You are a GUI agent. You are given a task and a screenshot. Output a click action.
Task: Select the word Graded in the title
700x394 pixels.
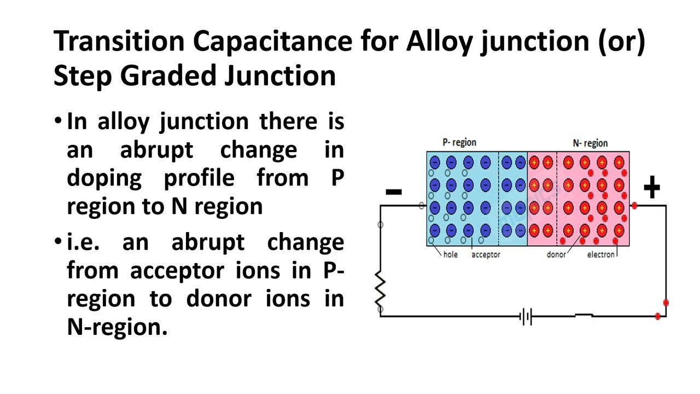[x=167, y=76]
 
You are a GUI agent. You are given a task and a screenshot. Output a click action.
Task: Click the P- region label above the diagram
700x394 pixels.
[x=459, y=142]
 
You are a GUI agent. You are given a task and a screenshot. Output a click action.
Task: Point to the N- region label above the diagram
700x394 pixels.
[x=590, y=143]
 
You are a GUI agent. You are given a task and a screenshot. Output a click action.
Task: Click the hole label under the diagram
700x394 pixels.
[x=451, y=254]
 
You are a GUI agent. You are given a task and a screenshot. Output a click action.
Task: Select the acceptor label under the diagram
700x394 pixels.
[x=486, y=254]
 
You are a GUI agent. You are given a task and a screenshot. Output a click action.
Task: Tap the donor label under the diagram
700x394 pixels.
[x=556, y=254]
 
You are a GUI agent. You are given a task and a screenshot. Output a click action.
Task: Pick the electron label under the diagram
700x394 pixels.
[x=601, y=254]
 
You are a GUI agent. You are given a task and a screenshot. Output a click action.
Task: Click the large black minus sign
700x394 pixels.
[x=394, y=192]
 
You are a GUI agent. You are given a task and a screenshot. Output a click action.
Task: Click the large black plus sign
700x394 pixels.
[x=651, y=188]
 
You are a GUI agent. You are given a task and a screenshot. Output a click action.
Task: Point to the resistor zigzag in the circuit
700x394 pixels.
[x=381, y=290]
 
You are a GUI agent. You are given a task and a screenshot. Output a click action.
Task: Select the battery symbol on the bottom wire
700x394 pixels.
[x=526, y=316]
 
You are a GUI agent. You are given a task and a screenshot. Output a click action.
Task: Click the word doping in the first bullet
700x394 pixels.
[x=104, y=178]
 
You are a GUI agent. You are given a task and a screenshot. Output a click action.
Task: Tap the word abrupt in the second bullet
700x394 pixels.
[x=208, y=242]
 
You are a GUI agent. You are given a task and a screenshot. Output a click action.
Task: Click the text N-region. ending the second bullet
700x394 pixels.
[x=117, y=327]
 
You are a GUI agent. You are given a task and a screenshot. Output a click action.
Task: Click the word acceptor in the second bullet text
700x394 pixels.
[x=177, y=271]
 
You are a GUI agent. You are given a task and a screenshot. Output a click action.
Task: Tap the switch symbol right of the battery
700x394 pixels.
[x=584, y=316]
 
